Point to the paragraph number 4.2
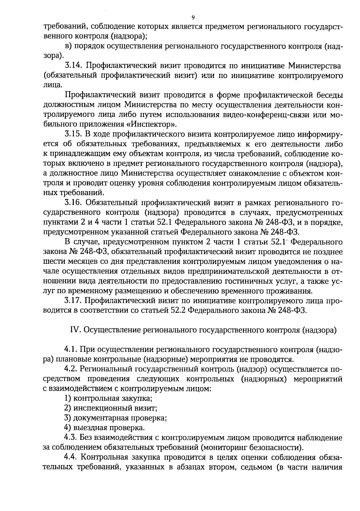(x=70, y=369)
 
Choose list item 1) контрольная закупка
(x=109, y=398)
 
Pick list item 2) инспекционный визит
(x=111, y=408)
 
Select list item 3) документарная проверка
(x=116, y=418)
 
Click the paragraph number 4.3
(x=71, y=438)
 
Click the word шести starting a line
(x=52, y=261)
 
